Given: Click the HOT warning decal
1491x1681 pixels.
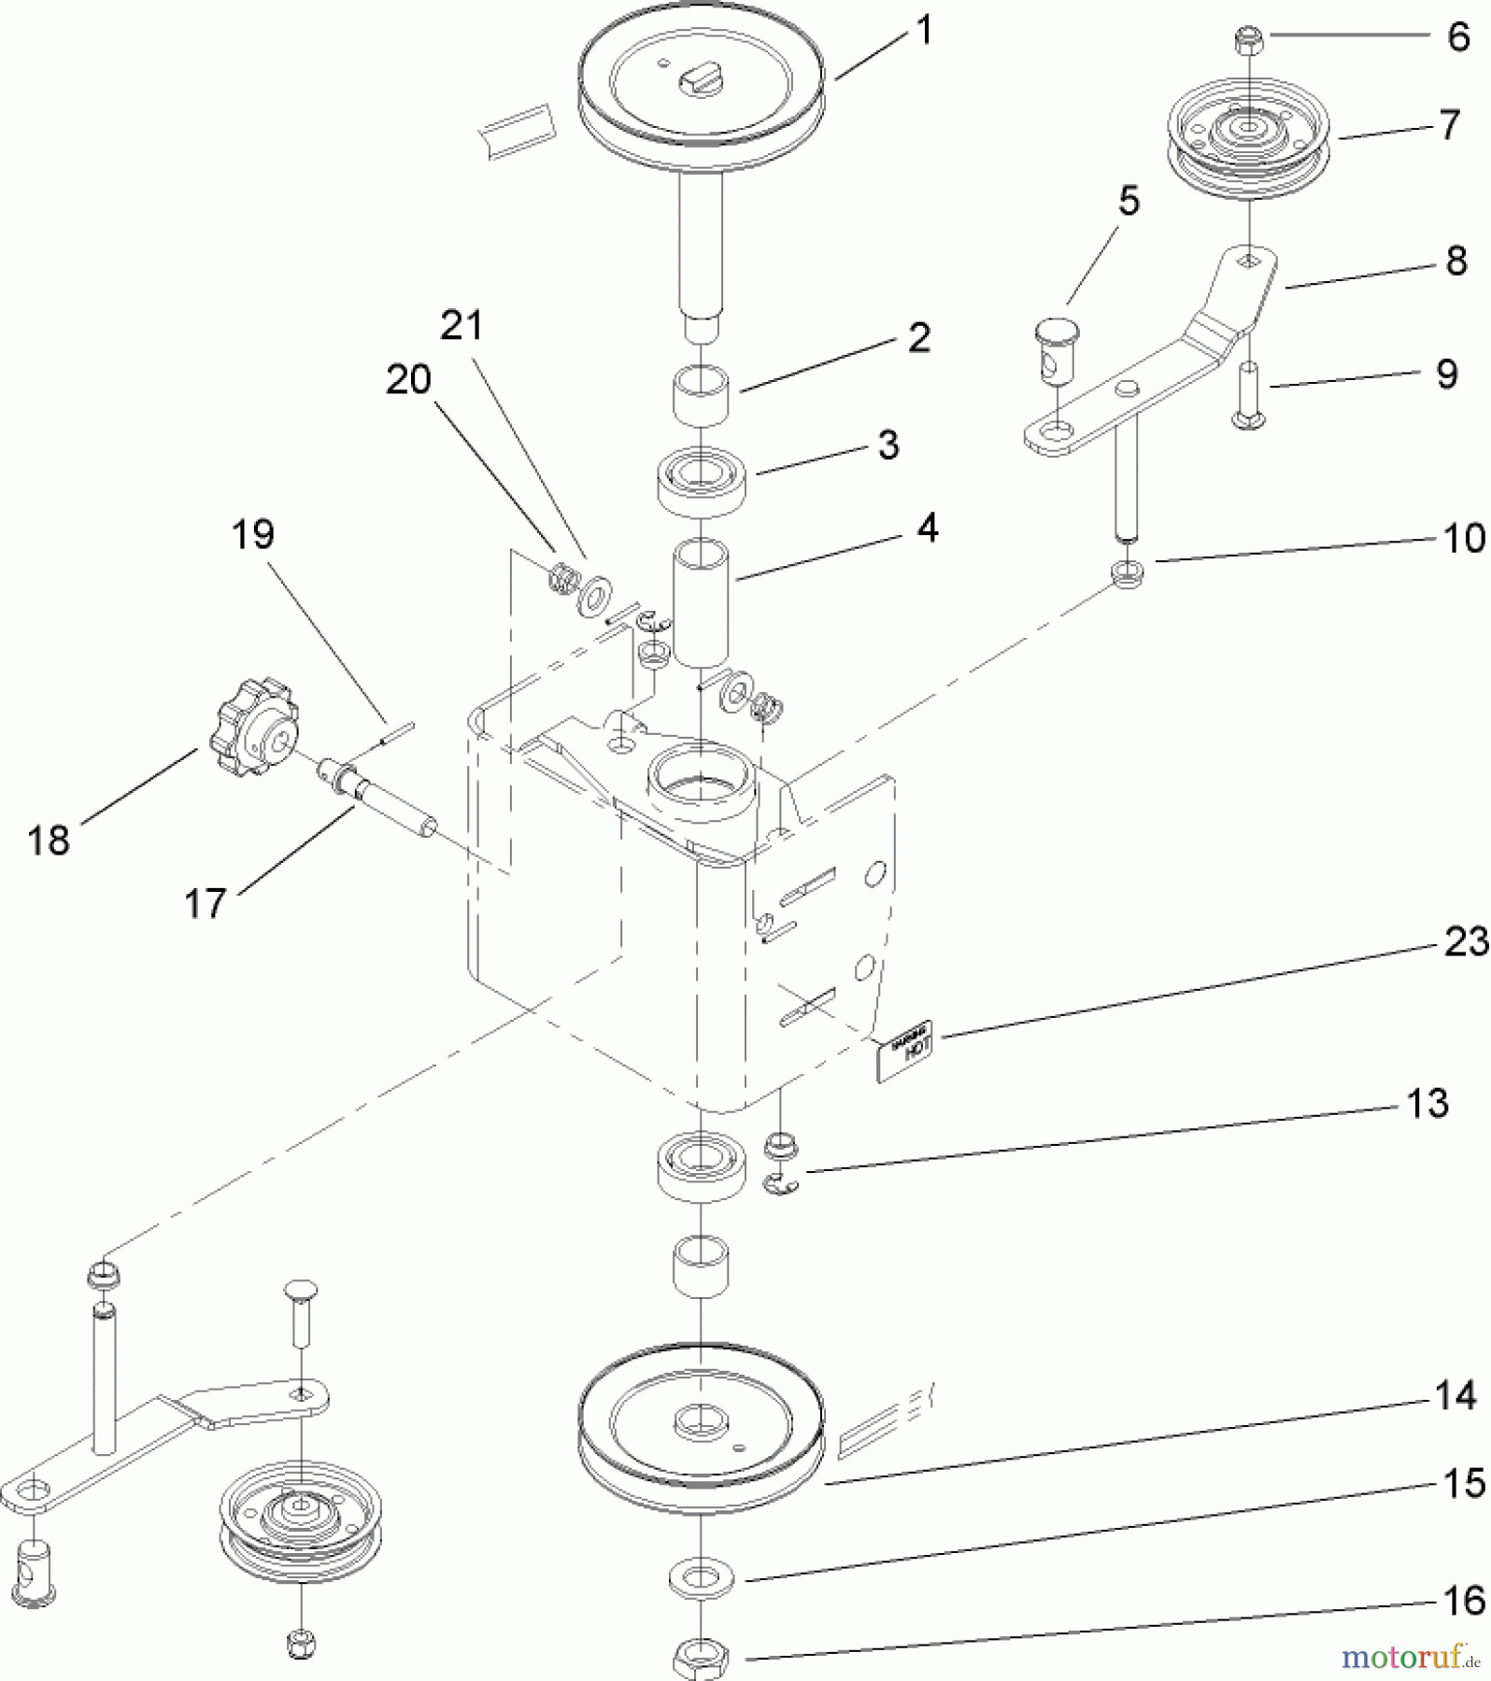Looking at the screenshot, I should [x=904, y=1050].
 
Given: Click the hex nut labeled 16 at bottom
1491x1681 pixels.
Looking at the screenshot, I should [x=700, y=1659].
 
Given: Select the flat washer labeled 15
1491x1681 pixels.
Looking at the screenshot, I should [x=701, y=1579].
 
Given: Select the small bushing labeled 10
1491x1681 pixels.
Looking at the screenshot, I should [x=1129, y=572].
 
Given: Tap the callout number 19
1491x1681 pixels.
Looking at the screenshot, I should [x=252, y=535].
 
